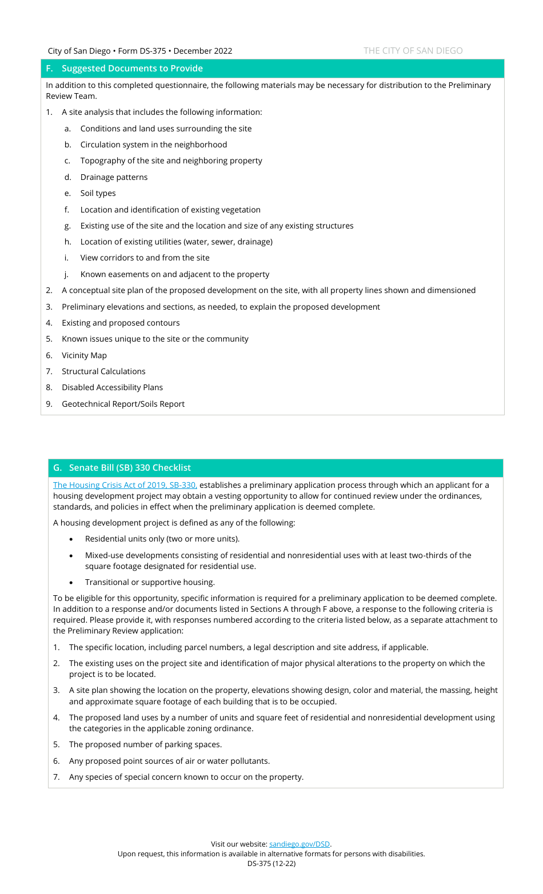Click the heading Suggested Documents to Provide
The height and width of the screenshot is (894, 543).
132,69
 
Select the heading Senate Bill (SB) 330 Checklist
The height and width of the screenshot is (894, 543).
130,468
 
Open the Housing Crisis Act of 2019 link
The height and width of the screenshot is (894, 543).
125,485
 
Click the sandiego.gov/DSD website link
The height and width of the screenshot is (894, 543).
300,844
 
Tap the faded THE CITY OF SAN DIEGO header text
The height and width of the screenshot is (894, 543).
413,51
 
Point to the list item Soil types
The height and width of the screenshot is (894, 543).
98,193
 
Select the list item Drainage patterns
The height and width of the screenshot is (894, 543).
114,177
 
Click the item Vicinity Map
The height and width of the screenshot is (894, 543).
84,355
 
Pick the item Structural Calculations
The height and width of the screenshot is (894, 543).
103,371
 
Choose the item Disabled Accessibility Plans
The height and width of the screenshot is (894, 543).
112,387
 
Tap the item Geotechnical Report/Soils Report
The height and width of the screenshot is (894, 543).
123,404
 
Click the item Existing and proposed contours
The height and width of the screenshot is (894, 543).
121,323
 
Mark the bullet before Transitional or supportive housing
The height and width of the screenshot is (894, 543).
71,583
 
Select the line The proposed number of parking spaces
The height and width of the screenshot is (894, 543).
145,744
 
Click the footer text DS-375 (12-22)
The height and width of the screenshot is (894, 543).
271,863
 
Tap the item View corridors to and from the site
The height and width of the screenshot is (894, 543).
145,258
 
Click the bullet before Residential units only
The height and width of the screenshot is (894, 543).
71,539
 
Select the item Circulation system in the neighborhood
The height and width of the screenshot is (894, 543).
153,145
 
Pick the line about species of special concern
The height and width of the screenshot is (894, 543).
186,777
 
